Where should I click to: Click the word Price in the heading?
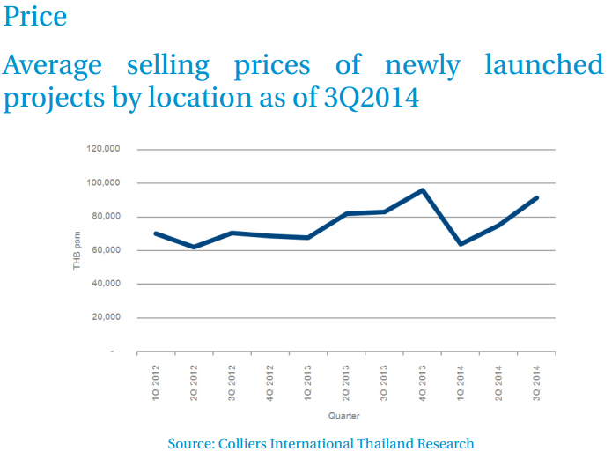click(35, 16)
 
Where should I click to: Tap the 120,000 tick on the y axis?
click(103, 150)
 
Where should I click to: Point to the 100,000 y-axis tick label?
click(103, 183)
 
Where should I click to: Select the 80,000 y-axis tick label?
click(106, 217)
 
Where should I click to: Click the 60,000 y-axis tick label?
click(106, 250)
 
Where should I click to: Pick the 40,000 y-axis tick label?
click(106, 284)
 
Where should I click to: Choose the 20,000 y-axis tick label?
click(106, 317)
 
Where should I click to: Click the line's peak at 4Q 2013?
click(423, 190)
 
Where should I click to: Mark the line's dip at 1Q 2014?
click(461, 244)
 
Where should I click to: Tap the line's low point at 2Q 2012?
click(194, 247)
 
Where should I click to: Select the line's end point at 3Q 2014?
click(537, 197)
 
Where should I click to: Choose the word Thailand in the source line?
click(390, 443)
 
